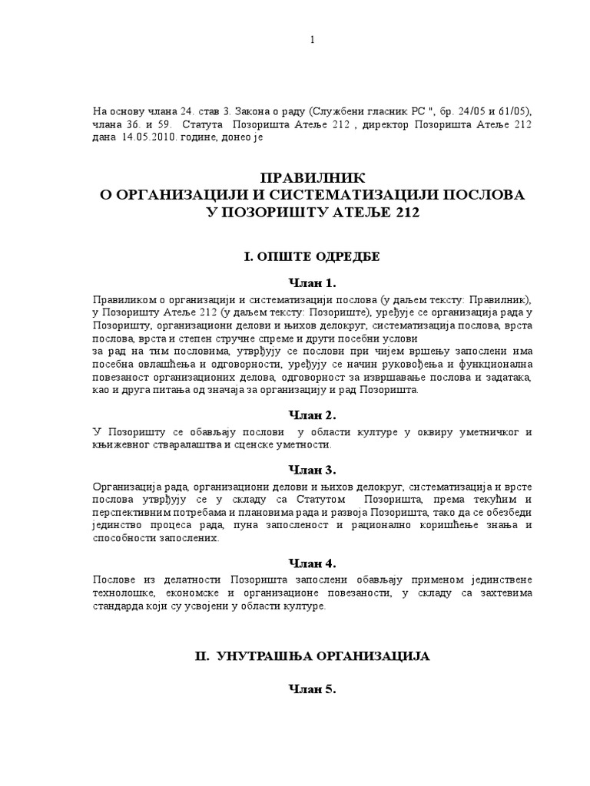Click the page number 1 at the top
312,40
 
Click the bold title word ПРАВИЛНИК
311,178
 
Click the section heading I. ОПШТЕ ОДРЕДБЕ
311,256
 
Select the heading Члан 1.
311,282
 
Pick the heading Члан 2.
311,415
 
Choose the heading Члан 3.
311,469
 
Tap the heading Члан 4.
311,561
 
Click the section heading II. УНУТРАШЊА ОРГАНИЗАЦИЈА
311,656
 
